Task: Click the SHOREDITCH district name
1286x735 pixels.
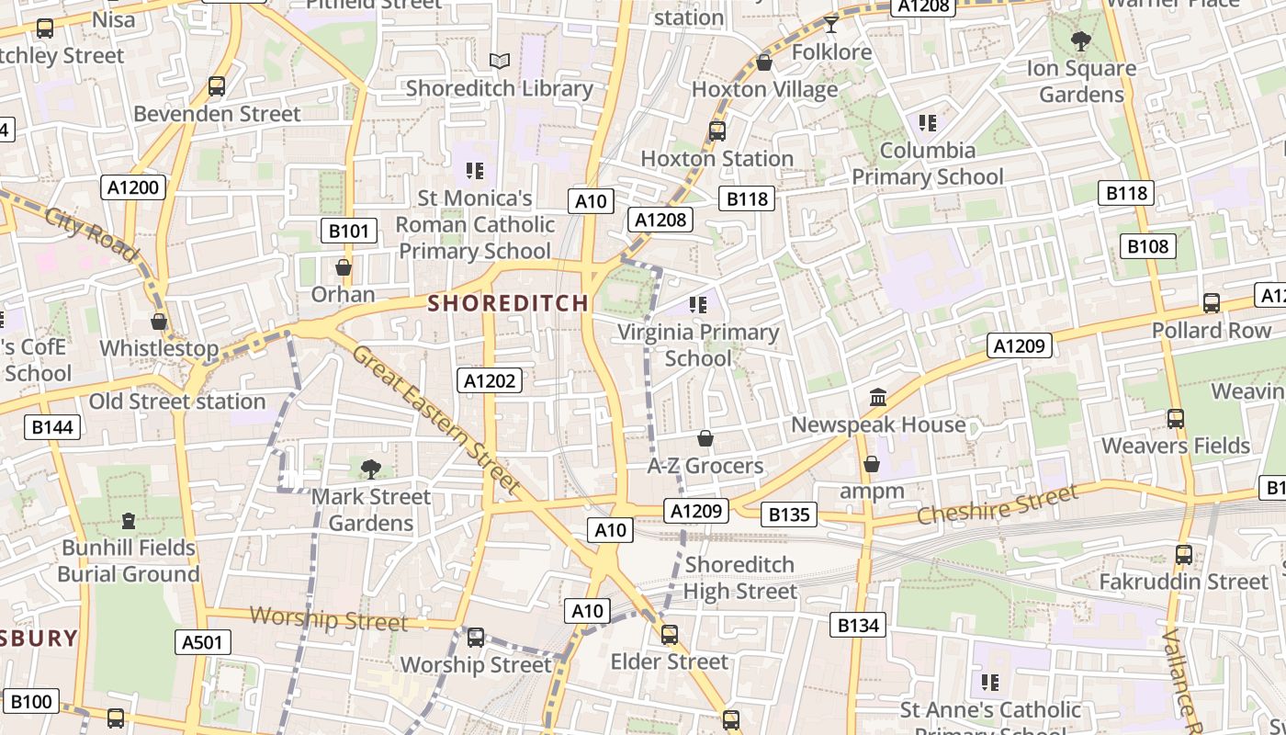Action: [x=508, y=302]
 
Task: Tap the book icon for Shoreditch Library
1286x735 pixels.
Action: [x=499, y=61]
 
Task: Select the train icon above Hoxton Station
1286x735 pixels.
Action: [x=717, y=131]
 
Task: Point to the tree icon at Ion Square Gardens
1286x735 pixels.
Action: [x=1080, y=40]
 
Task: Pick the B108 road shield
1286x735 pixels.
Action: [x=1147, y=246]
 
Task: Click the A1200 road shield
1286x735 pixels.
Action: [x=133, y=187]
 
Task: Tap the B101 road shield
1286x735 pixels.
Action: [x=348, y=231]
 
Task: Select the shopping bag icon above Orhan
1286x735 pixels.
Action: [x=344, y=267]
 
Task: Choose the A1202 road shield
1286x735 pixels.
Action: [x=491, y=380]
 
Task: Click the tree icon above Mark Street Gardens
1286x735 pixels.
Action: [x=371, y=469]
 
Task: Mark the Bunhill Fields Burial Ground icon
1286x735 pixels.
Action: [x=129, y=521]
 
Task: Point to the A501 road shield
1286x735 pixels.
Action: [x=202, y=642]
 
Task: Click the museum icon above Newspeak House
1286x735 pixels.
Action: [x=878, y=398]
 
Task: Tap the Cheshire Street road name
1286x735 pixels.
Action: [x=997, y=506]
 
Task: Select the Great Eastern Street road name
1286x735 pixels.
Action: [x=435, y=419]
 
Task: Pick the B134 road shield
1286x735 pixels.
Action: [x=858, y=626]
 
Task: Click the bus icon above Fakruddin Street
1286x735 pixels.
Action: [x=1184, y=555]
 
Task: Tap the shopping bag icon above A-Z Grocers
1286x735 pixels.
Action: [x=705, y=439]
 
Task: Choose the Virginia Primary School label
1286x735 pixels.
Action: [x=698, y=345]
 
